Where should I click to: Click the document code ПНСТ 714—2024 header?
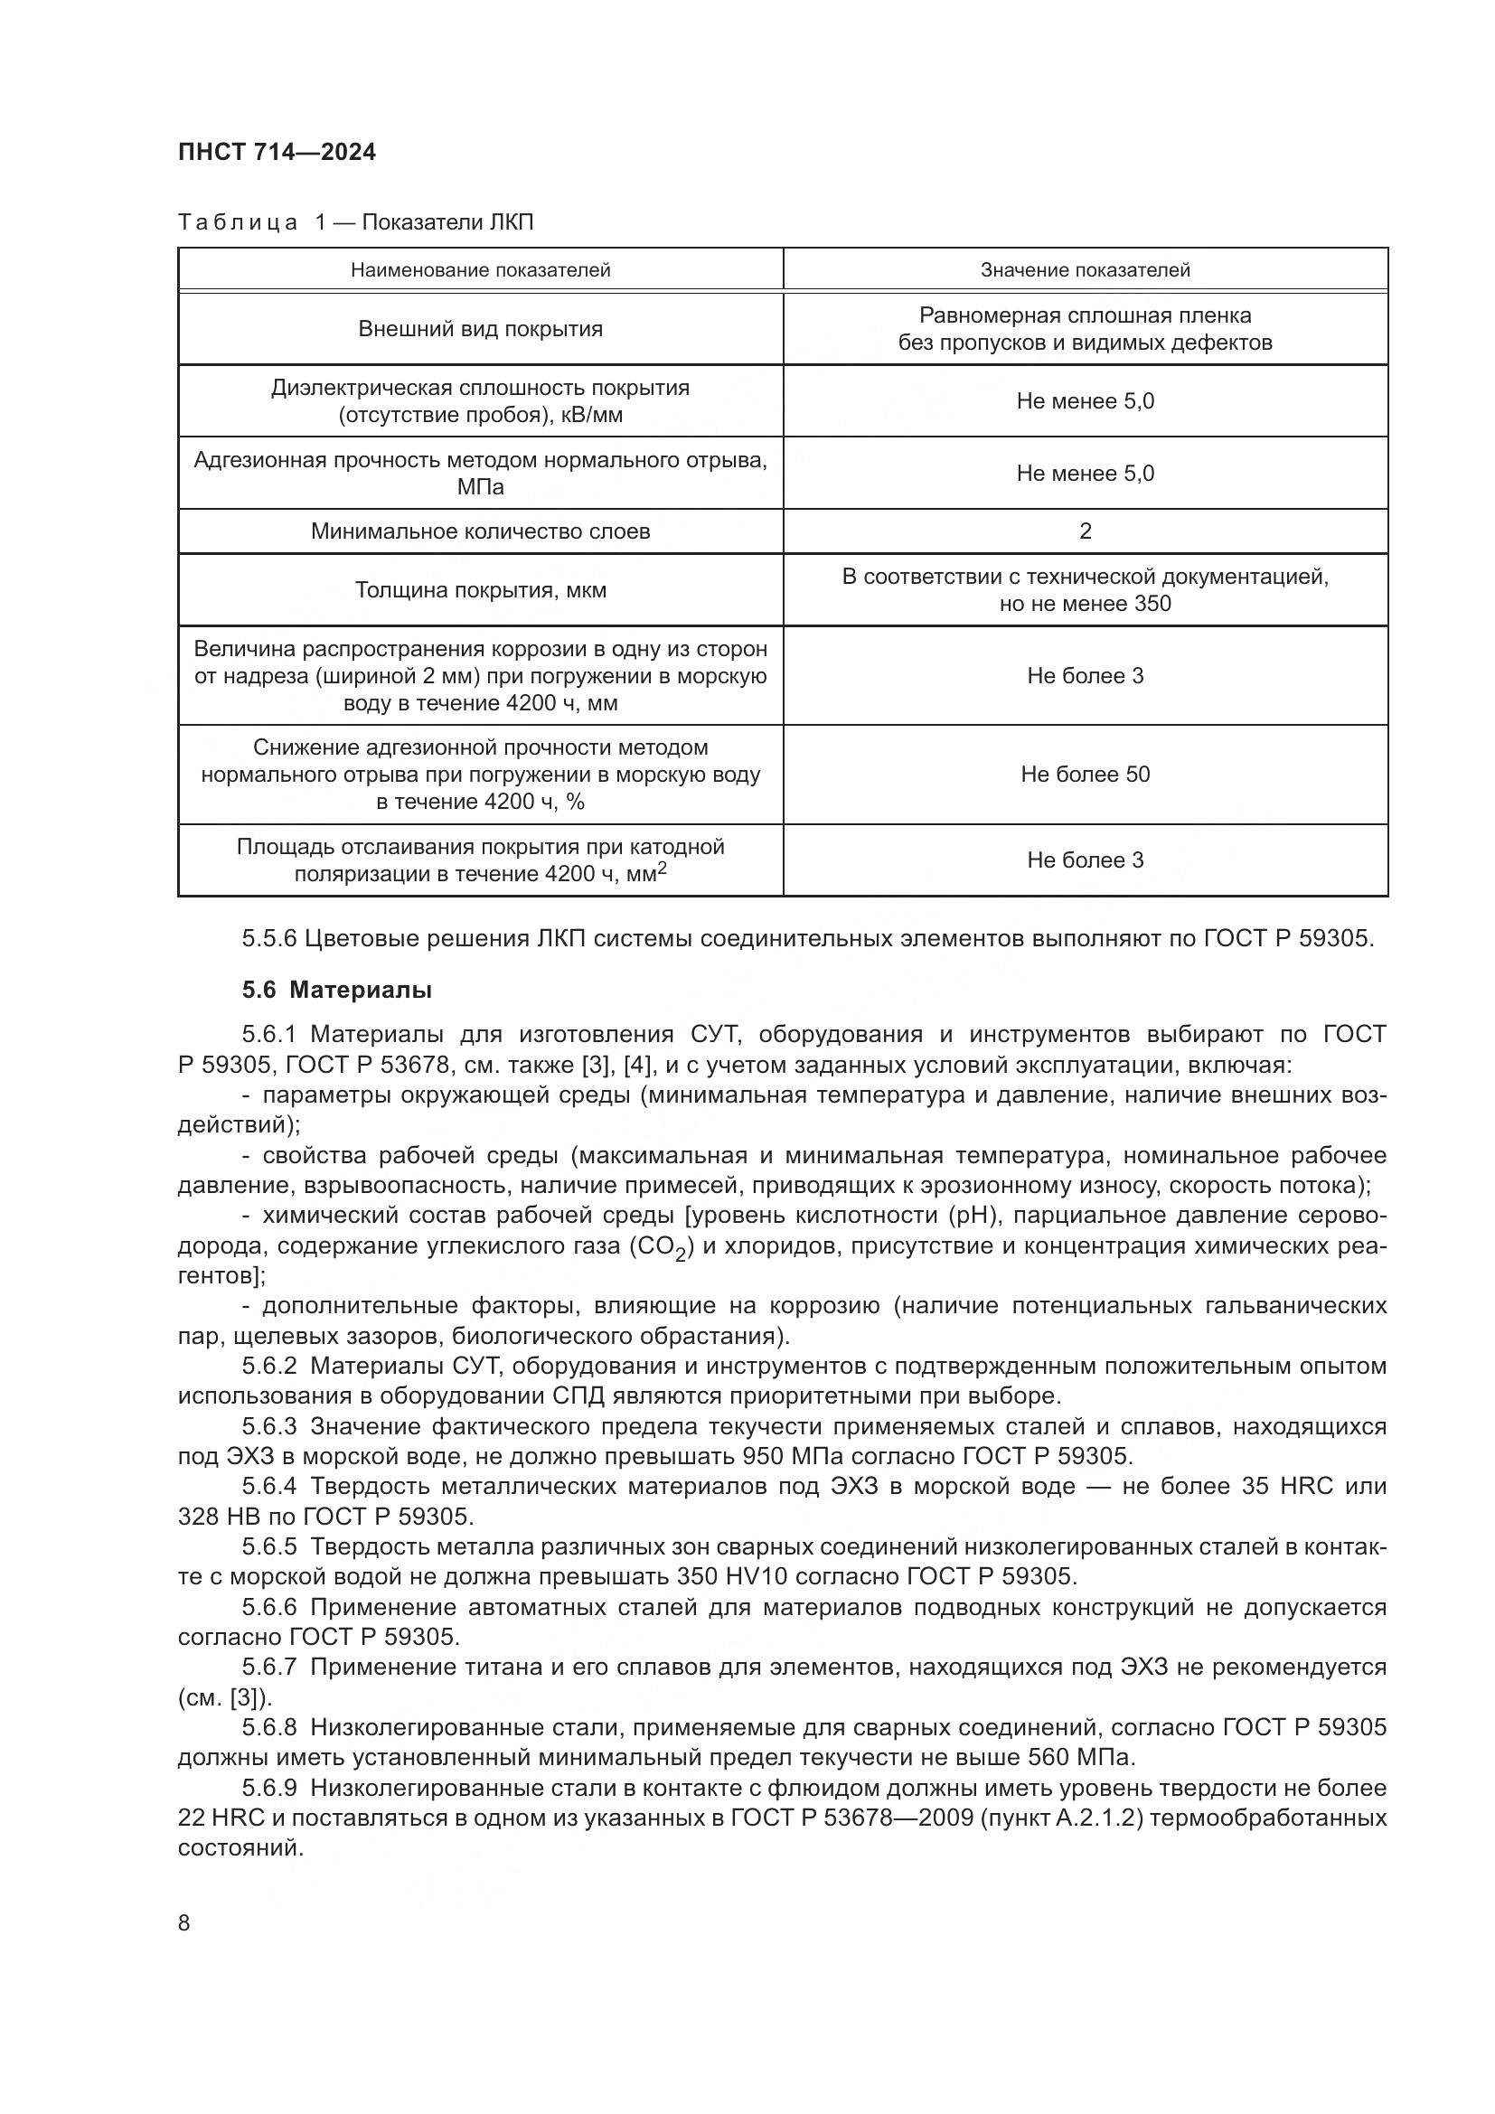pyautogui.click(x=277, y=152)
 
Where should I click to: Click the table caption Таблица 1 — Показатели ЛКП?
pyautogui.click(x=355, y=222)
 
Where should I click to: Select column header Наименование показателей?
pyautogui.click(x=480, y=269)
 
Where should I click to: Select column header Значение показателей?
pyautogui.click(x=1085, y=269)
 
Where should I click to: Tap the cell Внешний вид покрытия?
pyautogui.click(x=480, y=329)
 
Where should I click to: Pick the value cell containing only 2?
pyautogui.click(x=1085, y=531)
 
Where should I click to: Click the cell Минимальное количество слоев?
pyautogui.click(x=480, y=531)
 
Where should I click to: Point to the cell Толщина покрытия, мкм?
pyautogui.click(x=480, y=590)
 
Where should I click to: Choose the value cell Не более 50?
pyautogui.click(x=1085, y=775)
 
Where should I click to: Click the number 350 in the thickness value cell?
pyautogui.click(x=1152, y=604)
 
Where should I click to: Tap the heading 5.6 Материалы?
pyautogui.click(x=337, y=991)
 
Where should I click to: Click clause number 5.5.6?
pyautogui.click(x=268, y=939)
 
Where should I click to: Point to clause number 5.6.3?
pyautogui.click(x=268, y=1427)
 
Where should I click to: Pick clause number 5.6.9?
pyautogui.click(x=268, y=1788)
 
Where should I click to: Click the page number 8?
pyautogui.click(x=184, y=1923)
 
